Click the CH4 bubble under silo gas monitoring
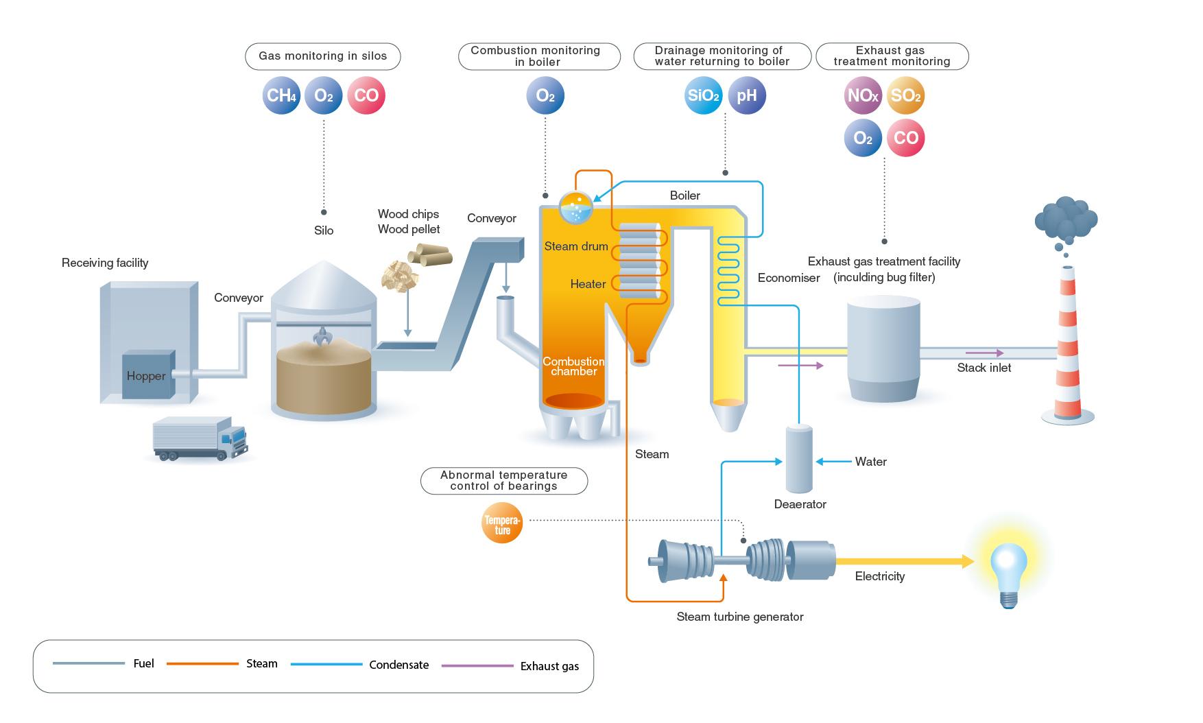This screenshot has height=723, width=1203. [281, 95]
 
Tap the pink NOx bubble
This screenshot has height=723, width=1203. [862, 95]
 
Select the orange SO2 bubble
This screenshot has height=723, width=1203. [905, 95]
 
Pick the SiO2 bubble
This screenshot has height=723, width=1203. [703, 95]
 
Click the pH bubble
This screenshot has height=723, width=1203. [746, 95]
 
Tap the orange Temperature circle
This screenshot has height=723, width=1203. [502, 524]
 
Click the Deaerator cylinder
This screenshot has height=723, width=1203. [799, 459]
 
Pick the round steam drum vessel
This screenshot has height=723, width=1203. [576, 207]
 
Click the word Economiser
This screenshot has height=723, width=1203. [789, 278]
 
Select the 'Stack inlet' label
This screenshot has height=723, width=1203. [984, 368]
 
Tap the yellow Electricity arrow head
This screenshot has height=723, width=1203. [968, 561]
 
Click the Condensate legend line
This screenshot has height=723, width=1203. [326, 664]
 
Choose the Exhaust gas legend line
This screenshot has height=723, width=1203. [477, 665]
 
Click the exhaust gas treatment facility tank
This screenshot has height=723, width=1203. [883, 350]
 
